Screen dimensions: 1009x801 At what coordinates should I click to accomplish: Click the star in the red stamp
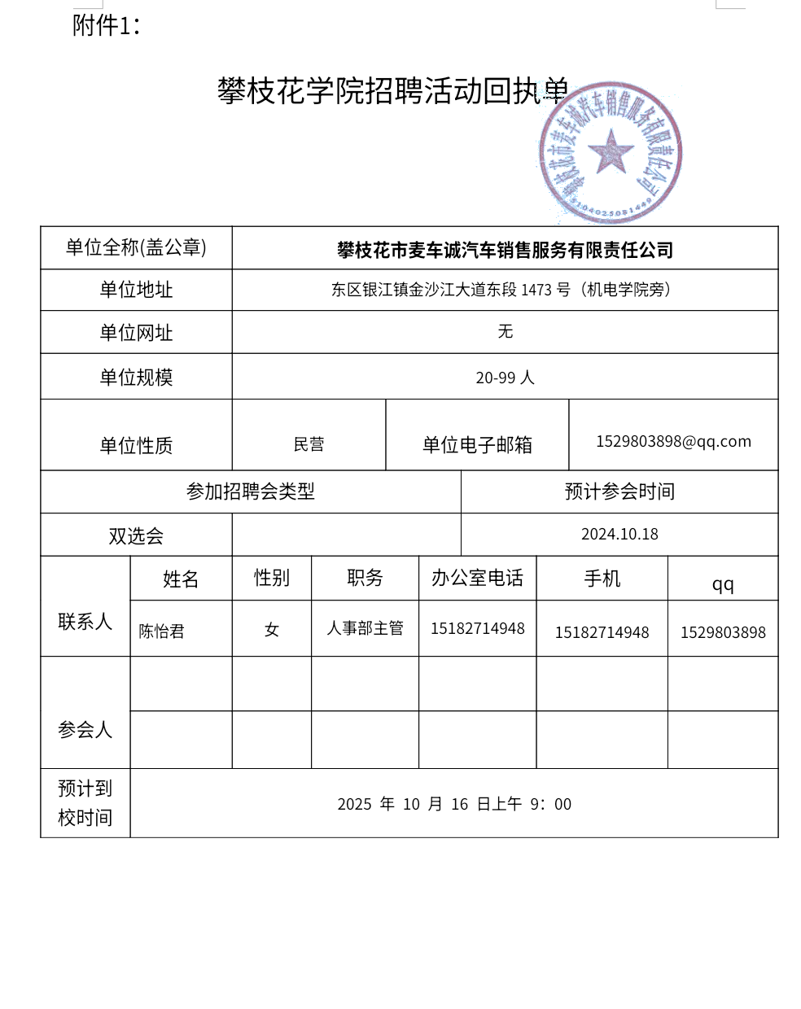point(610,152)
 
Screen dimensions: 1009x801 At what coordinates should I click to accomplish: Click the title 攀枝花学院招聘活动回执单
point(392,91)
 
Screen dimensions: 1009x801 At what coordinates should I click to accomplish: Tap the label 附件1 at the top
point(106,25)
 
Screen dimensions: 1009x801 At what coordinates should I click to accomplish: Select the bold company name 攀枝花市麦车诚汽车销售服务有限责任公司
point(505,250)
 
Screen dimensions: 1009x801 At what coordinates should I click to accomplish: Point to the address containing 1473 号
point(501,290)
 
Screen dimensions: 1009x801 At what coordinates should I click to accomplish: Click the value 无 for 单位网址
point(505,331)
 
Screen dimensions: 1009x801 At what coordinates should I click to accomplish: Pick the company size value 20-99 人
point(505,378)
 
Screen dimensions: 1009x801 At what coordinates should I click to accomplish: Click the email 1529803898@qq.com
point(673,441)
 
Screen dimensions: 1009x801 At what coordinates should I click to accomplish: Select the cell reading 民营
point(309,444)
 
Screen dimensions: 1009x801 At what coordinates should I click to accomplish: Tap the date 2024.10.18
point(619,534)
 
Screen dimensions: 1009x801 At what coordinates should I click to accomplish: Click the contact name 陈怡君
point(161,631)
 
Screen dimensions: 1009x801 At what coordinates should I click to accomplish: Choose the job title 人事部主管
point(365,628)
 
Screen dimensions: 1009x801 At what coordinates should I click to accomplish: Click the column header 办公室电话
point(477,578)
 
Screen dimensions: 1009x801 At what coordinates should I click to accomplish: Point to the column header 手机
point(602,579)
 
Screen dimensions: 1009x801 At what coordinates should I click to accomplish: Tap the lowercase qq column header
point(723,584)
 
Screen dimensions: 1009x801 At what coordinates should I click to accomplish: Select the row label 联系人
point(85,622)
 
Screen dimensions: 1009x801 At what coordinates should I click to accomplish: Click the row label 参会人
point(85,730)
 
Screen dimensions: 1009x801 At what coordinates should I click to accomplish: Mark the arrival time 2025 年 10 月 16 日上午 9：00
point(454,804)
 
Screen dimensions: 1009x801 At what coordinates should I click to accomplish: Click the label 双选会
point(136,536)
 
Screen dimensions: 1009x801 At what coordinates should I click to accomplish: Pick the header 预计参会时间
point(619,491)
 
